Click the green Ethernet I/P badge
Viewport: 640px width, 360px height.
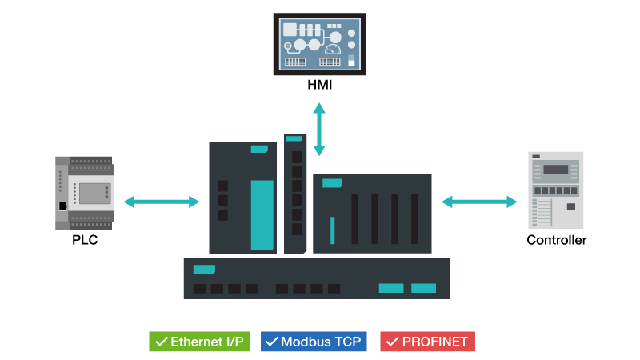[199, 342]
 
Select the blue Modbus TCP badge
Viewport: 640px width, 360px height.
[313, 342]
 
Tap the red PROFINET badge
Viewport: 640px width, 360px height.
[427, 342]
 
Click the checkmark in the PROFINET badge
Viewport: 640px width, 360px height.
[392, 342]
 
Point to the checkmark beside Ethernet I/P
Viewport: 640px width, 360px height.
[161, 342]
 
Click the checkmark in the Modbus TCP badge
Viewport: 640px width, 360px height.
[271, 342]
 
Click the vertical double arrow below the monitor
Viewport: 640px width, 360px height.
[319, 129]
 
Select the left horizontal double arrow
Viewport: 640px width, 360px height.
[161, 202]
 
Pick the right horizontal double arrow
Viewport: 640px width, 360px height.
[479, 202]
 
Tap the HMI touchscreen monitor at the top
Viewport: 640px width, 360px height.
[319, 44]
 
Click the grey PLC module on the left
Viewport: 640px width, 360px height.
[84, 193]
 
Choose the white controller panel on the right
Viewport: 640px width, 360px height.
[556, 190]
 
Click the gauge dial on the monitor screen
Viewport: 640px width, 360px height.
[333, 50]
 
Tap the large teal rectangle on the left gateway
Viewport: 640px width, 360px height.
[262, 214]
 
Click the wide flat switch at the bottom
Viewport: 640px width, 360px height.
[316, 278]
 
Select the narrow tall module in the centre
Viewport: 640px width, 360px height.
[295, 194]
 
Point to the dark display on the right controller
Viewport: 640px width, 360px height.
[555, 169]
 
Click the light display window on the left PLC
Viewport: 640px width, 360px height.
[94, 193]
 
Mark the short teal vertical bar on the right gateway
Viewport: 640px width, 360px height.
[332, 230]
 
